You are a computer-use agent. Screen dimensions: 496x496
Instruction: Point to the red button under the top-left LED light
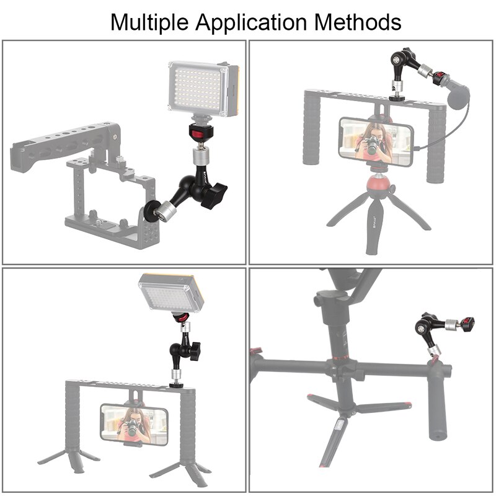pos(200,135)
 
